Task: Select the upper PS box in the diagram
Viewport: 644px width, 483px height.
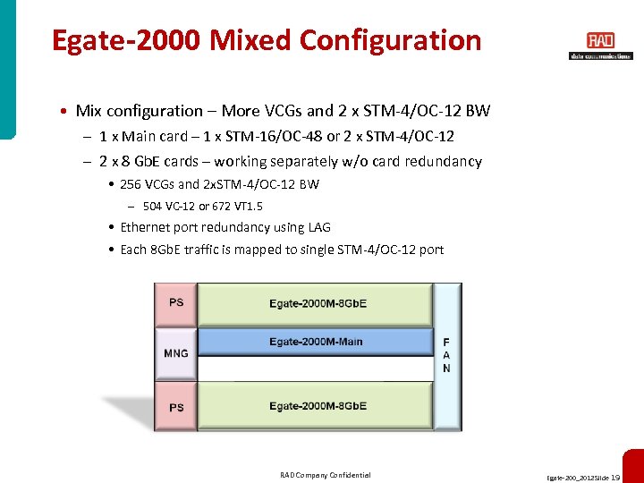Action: (x=176, y=302)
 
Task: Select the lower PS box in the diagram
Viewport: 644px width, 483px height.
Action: (x=176, y=407)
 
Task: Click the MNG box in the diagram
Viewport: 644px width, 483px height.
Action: (x=176, y=353)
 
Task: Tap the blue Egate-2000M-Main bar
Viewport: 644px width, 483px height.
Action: (x=316, y=342)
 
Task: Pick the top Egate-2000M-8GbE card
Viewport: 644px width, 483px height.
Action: (x=316, y=303)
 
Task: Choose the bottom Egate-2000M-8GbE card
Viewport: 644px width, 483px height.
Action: (x=316, y=406)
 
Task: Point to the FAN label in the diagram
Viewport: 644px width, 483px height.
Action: (x=446, y=355)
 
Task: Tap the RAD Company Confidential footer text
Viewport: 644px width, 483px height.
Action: (x=326, y=475)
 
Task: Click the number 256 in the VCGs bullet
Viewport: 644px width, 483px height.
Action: (x=131, y=184)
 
